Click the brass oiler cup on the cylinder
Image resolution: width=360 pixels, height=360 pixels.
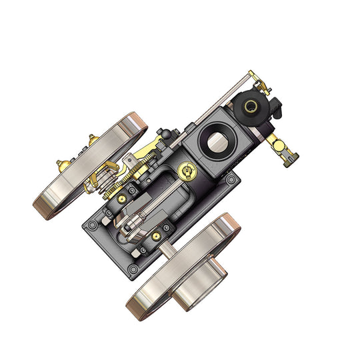187,171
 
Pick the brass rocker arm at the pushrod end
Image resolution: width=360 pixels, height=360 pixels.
257,79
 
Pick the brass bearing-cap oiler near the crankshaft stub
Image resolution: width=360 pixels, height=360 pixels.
155,235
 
